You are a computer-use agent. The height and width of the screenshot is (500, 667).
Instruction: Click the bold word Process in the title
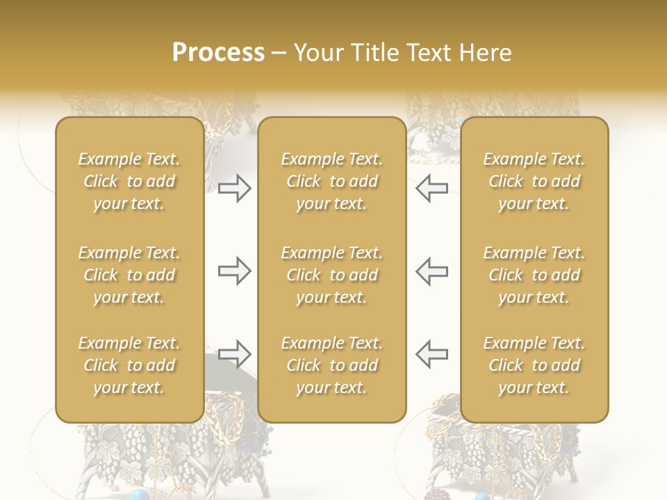coord(218,53)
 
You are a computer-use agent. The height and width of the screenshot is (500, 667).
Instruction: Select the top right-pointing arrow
coord(234,188)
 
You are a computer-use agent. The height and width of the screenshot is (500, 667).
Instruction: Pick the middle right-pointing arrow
coord(234,271)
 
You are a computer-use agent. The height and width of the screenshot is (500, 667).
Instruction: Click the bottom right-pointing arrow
coord(234,354)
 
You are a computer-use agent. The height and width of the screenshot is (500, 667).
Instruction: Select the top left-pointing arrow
coord(431,188)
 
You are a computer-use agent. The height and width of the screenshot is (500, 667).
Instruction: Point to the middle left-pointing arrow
coord(431,271)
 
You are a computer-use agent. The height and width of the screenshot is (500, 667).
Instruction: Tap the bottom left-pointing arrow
coord(431,354)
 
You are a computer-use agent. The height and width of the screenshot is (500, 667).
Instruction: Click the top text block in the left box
coord(129,181)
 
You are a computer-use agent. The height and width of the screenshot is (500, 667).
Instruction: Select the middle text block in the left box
coord(129,275)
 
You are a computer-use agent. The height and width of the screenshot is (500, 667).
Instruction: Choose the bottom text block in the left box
coord(129,365)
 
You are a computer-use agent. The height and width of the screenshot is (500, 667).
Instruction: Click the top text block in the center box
coord(332,181)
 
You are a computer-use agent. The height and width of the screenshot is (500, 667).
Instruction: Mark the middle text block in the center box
coord(332,275)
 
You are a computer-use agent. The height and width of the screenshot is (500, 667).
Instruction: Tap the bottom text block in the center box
coord(332,365)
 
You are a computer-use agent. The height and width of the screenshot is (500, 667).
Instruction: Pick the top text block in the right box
coord(534,181)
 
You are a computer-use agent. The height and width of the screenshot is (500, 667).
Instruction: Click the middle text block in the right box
coord(534,275)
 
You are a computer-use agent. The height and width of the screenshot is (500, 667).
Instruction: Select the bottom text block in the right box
coord(534,365)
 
